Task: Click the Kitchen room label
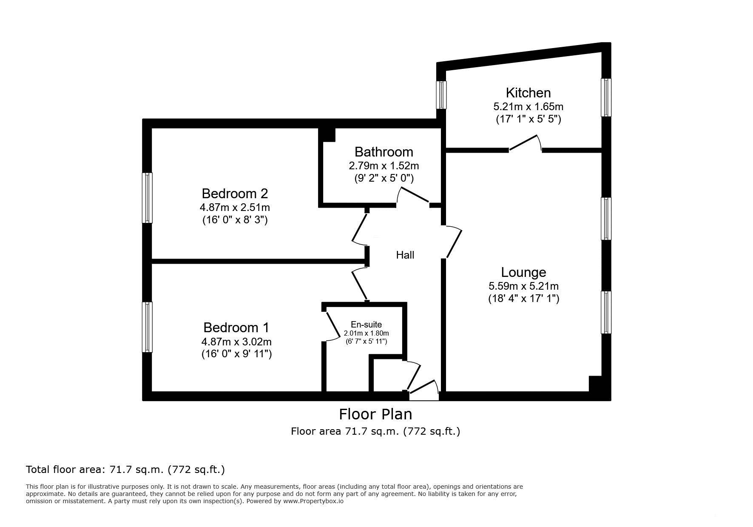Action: [x=528, y=93]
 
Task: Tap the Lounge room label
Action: [x=523, y=272]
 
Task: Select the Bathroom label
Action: [x=384, y=152]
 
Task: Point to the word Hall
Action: [x=405, y=255]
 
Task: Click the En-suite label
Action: [x=366, y=325]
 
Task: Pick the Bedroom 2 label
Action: [x=235, y=194]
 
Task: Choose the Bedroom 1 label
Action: [x=236, y=328]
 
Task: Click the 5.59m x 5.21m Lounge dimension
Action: [x=523, y=286]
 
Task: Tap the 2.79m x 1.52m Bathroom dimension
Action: [x=384, y=166]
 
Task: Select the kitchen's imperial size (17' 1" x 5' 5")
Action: [x=529, y=119]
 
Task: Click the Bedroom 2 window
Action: [x=147, y=198]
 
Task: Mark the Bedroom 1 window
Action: [x=147, y=327]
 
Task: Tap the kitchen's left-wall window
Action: [x=442, y=95]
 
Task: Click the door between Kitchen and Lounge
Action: [x=526, y=143]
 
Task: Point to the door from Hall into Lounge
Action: [x=453, y=243]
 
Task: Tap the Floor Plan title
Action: [x=375, y=414]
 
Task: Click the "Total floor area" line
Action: [x=125, y=470]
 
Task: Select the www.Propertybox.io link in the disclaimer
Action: [x=313, y=501]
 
